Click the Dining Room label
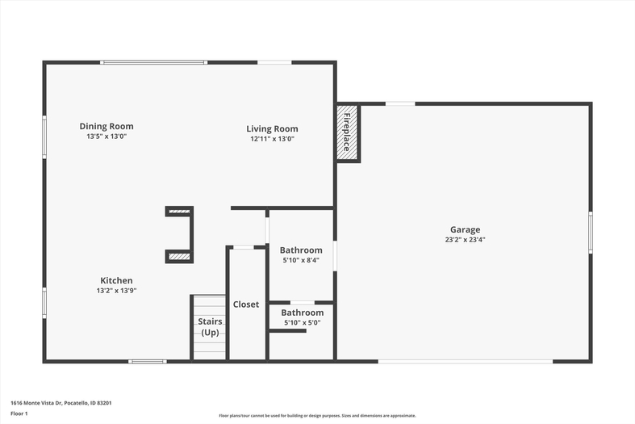[x=107, y=127]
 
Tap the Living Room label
[x=272, y=129]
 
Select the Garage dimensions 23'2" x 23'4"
[x=466, y=240]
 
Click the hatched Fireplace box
[x=347, y=132]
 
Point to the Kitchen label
[x=117, y=280]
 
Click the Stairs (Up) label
[x=210, y=327]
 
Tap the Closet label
[x=246, y=304]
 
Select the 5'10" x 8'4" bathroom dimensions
[x=301, y=260]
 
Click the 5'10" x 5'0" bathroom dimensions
[x=303, y=323]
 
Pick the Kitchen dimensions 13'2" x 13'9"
[x=117, y=291]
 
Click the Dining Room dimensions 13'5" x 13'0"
[x=107, y=136]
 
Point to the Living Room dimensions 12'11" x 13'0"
[x=272, y=139]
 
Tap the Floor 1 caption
[x=19, y=414]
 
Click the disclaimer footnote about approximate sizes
[x=318, y=415]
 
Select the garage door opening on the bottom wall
[x=466, y=361]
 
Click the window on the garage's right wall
[x=591, y=233]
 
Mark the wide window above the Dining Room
[x=154, y=62]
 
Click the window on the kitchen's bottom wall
[x=148, y=361]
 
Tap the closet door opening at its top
[x=244, y=247]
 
